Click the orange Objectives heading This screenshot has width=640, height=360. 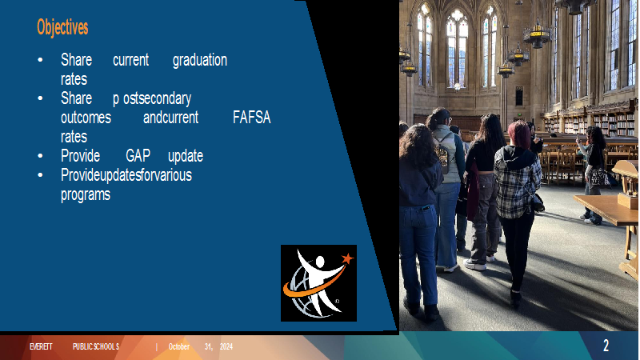62,27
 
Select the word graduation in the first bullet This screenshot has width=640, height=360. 199,61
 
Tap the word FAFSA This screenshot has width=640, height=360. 251,118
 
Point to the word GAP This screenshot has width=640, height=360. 138,156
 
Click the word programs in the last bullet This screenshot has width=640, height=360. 86,194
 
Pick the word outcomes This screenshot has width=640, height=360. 86,118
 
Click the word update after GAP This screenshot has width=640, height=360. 186,156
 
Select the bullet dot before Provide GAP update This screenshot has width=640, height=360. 40,156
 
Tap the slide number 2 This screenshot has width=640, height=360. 606,346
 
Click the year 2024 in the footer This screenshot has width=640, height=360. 226,346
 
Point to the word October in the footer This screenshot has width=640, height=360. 178,346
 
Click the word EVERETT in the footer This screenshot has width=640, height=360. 41,346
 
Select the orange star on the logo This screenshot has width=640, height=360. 347,258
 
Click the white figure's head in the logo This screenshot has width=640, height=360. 319,262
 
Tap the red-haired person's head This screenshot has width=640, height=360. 519,134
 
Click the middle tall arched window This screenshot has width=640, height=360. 457,48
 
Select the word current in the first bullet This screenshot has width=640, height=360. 130,61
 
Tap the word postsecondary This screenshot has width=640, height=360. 152,98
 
